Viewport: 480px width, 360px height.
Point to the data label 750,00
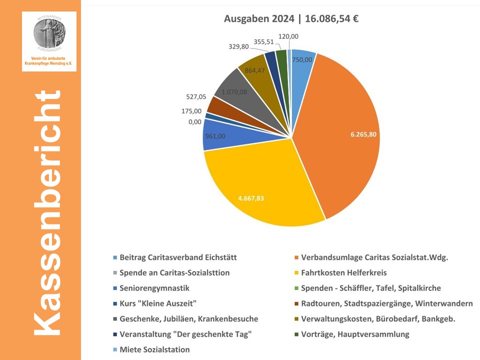(302, 59)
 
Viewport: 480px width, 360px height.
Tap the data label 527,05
(189, 98)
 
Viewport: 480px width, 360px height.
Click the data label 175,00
(191, 111)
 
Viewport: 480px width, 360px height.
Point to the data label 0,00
(194, 121)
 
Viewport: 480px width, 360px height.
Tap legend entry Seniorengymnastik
(154, 288)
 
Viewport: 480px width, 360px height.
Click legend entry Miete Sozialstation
(154, 349)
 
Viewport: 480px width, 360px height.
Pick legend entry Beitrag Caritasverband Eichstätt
(178, 257)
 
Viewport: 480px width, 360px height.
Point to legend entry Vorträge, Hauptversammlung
(355, 334)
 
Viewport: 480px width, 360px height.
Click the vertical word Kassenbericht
(47, 212)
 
